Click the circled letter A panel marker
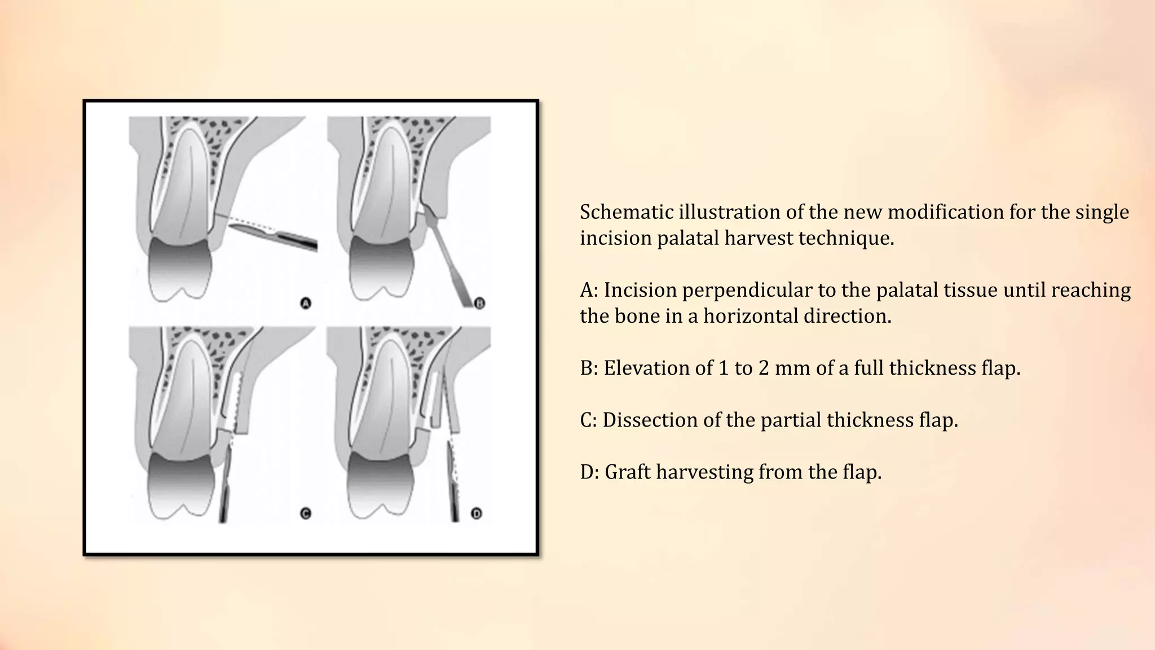tap(306, 304)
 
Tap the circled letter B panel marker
tap(479, 304)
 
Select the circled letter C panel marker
tap(306, 513)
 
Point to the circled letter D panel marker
tap(477, 513)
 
